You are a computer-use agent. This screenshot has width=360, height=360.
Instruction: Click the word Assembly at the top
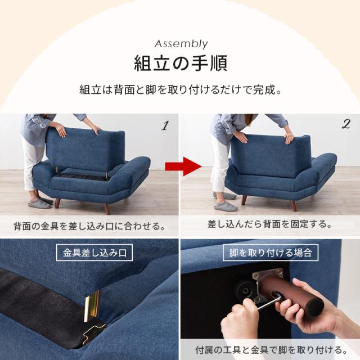[x=180, y=44]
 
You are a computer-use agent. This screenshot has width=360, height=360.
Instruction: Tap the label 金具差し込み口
[x=94, y=253]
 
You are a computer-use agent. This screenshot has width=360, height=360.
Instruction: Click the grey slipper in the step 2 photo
[x=226, y=205]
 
